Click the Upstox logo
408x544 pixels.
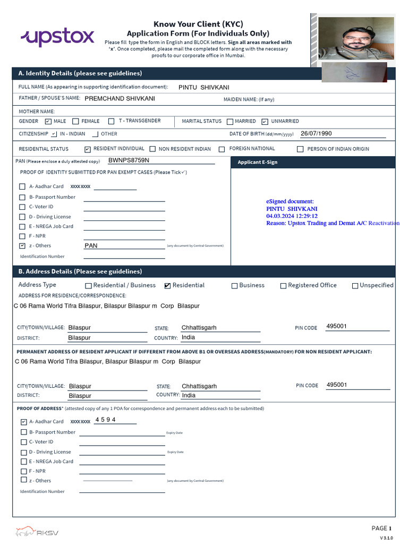(x=57, y=37)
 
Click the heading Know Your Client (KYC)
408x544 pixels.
(x=198, y=24)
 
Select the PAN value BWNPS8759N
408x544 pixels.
(x=129, y=160)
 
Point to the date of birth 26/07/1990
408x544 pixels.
(x=316, y=133)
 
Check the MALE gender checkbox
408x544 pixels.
(x=48, y=122)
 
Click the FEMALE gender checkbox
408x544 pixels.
(x=75, y=122)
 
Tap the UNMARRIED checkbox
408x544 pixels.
(x=265, y=122)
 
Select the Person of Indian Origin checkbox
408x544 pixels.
(x=300, y=149)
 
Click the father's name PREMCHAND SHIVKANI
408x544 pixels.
(x=120, y=98)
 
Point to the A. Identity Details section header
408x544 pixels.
(x=80, y=73)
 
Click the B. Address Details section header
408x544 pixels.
(x=80, y=271)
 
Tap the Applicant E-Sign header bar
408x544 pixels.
(x=313, y=162)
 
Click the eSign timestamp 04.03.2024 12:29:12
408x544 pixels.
(x=292, y=216)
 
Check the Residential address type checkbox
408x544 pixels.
(x=168, y=286)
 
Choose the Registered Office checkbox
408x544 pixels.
(x=283, y=286)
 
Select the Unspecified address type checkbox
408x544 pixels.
(x=355, y=286)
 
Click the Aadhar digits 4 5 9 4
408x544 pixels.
(x=105, y=420)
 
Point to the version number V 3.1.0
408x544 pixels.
(x=386, y=538)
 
